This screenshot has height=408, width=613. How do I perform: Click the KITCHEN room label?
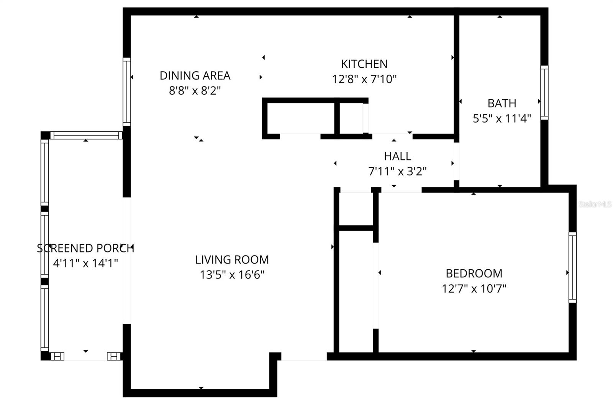click(x=364, y=64)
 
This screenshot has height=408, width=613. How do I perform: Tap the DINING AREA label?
click(x=195, y=75)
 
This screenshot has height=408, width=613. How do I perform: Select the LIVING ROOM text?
click(x=232, y=260)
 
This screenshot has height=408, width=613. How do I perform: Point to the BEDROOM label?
click(x=474, y=274)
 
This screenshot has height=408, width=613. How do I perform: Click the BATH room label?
click(x=502, y=103)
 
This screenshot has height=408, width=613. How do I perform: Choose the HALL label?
click(x=397, y=156)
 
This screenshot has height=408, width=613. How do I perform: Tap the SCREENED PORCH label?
click(x=85, y=248)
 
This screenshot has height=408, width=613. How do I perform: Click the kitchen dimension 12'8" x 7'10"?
click(x=364, y=79)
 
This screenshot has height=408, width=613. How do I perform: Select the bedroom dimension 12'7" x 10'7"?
click(x=474, y=288)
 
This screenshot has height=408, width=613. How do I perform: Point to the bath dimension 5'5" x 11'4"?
click(x=502, y=119)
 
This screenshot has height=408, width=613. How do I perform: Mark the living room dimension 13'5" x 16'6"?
click(x=232, y=275)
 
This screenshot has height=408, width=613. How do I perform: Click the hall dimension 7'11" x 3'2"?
click(x=397, y=171)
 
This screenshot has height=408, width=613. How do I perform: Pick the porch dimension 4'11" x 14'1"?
click(x=85, y=264)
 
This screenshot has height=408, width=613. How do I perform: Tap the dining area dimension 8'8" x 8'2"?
click(x=195, y=91)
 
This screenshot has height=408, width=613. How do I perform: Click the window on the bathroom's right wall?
click(x=544, y=92)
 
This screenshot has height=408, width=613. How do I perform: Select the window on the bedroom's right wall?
click(x=572, y=267)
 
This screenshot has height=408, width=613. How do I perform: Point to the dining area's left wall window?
click(x=126, y=92)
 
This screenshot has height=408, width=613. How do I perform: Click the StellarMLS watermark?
click(x=595, y=204)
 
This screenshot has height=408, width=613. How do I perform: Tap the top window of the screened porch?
click(x=86, y=135)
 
